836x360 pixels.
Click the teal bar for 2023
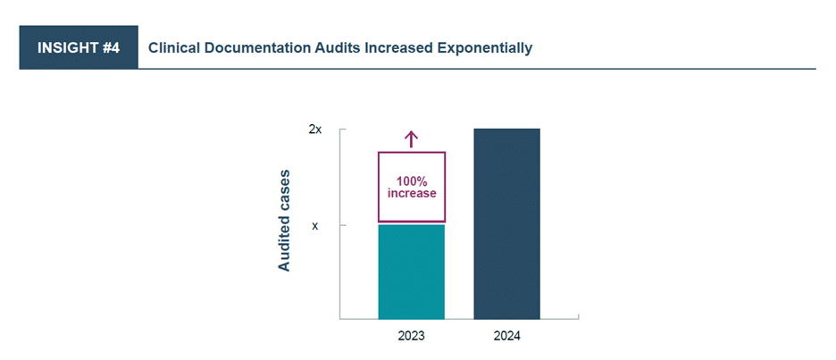click(x=411, y=272)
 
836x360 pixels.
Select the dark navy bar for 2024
click(x=506, y=223)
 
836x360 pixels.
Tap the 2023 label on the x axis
click(x=411, y=337)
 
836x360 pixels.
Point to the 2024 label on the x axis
click(x=506, y=337)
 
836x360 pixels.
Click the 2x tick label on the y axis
click(x=314, y=130)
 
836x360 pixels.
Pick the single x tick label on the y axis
click(x=314, y=226)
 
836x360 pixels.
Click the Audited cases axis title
click(x=284, y=220)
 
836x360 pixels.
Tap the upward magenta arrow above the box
click(x=411, y=138)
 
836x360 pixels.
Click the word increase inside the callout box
click(x=411, y=193)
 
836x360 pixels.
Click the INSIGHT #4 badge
click(x=79, y=47)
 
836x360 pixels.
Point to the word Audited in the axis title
click(x=284, y=242)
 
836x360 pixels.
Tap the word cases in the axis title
click(x=284, y=189)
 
